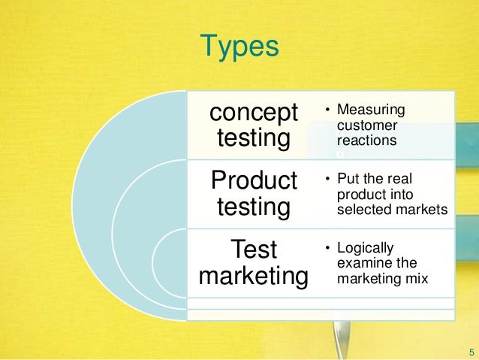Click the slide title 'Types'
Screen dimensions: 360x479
pyautogui.click(x=239, y=47)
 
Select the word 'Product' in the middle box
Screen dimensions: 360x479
pyautogui.click(x=255, y=181)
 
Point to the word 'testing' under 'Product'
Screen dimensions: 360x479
pyautogui.click(x=254, y=206)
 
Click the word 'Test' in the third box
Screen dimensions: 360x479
pyautogui.click(x=254, y=249)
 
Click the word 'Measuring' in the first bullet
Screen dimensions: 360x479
pyautogui.click(x=371, y=111)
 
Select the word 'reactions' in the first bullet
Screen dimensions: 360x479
pyautogui.click(x=367, y=141)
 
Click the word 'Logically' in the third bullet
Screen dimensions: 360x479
pyautogui.click(x=366, y=247)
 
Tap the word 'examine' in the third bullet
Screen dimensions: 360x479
pyautogui.click(x=362, y=262)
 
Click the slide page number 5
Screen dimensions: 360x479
pyautogui.click(x=471, y=351)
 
